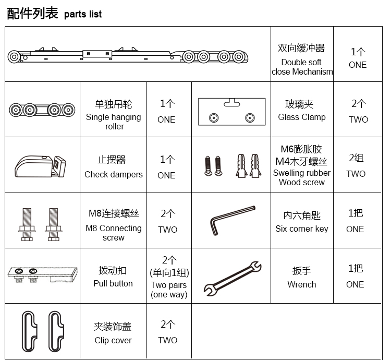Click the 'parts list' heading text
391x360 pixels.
coord(83,15)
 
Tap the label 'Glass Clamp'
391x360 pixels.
coord(302,117)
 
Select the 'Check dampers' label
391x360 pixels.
coord(114,174)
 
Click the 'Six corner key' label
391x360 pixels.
coord(302,229)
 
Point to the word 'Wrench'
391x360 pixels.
coord(302,284)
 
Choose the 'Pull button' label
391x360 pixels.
coord(113,283)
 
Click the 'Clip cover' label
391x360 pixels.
coord(113,340)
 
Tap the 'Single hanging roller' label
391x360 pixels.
coord(114,122)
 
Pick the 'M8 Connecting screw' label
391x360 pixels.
coord(114,233)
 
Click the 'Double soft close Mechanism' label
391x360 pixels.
coord(302,67)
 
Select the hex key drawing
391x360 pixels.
coord(233,220)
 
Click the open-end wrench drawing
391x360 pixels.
coord(233,279)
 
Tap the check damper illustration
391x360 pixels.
coord(40,166)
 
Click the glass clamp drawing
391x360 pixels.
coord(231,112)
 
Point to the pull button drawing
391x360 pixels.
coord(42,274)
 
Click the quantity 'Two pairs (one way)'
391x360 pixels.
coord(169,290)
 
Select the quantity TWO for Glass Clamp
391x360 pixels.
coord(358,119)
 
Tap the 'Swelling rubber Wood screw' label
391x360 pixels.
coord(302,177)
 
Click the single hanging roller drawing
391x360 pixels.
coord(42,110)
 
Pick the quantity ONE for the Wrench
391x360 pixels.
coord(355,284)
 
